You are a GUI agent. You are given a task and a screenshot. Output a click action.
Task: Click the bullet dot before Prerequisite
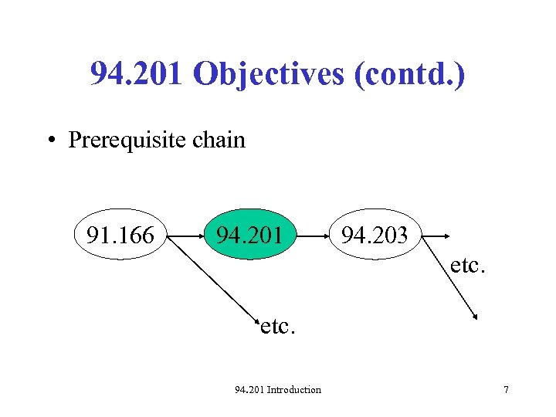[49, 141]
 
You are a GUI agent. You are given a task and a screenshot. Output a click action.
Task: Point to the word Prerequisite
[124, 140]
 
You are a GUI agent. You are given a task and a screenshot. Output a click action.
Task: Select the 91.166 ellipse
[120, 234]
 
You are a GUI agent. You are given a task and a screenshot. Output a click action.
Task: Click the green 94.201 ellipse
[249, 234]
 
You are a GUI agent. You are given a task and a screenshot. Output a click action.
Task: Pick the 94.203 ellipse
[375, 234]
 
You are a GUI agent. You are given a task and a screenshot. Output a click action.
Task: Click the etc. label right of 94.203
[468, 266]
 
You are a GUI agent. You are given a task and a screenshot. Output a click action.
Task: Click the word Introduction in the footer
[293, 390]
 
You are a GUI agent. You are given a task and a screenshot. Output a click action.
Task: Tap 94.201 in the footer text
[249, 390]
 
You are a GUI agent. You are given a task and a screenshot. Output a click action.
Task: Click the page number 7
[506, 390]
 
